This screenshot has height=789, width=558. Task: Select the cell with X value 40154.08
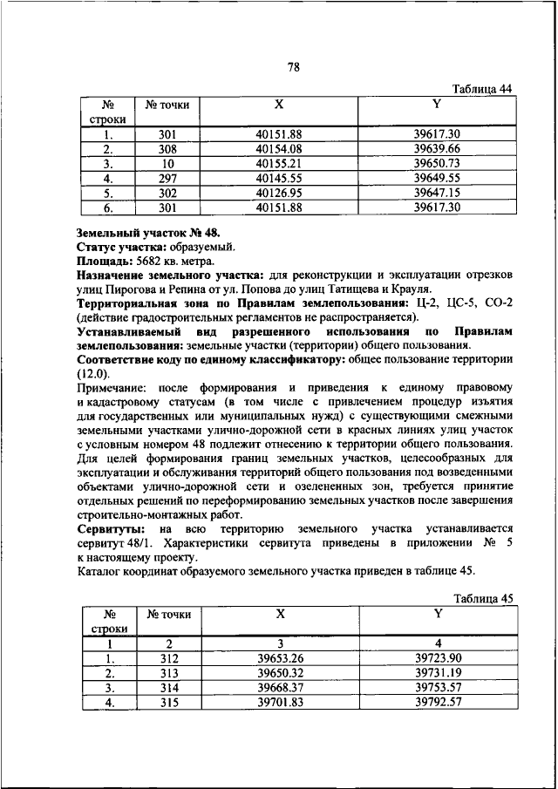(279, 149)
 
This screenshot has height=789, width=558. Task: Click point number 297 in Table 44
(167, 178)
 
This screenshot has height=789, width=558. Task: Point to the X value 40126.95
(279, 193)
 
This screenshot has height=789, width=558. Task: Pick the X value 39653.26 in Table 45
(279, 658)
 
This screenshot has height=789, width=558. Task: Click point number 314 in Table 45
(168, 687)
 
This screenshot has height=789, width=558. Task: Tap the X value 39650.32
(279, 673)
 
